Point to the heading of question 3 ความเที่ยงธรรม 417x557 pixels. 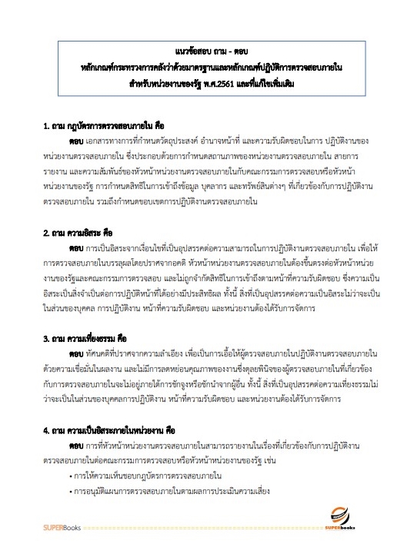pos(97,338)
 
